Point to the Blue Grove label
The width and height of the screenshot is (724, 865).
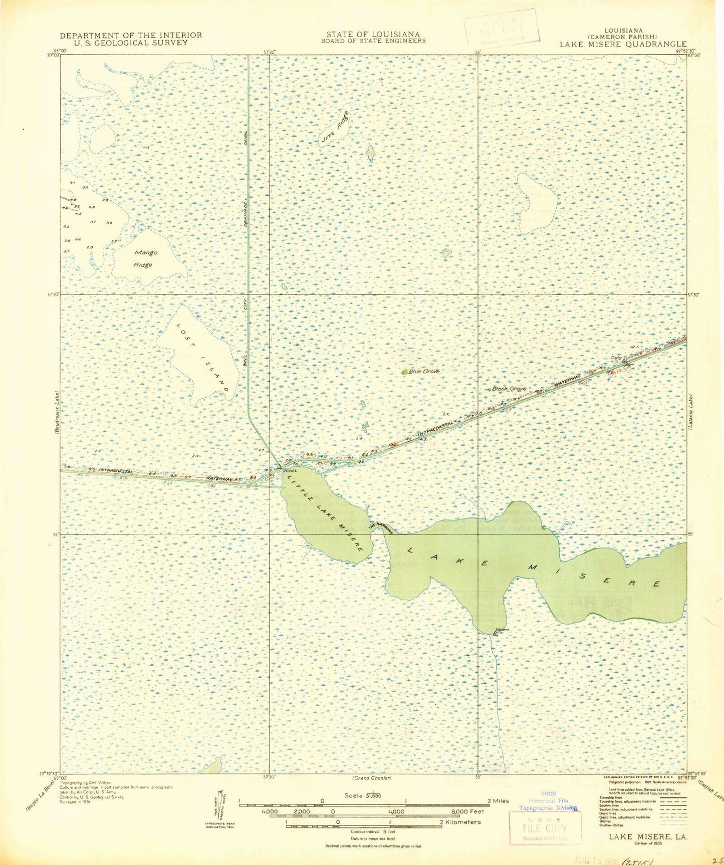click(424, 371)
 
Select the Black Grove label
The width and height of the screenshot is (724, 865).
click(509, 389)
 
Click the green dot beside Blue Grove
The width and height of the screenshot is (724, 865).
click(404, 372)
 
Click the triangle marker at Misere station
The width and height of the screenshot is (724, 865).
click(495, 634)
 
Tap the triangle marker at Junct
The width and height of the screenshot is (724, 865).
click(279, 466)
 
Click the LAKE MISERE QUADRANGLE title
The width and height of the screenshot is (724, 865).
click(623, 44)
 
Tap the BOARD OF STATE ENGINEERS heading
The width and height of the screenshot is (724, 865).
click(373, 41)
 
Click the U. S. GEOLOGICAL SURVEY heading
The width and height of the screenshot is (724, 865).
click(131, 43)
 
